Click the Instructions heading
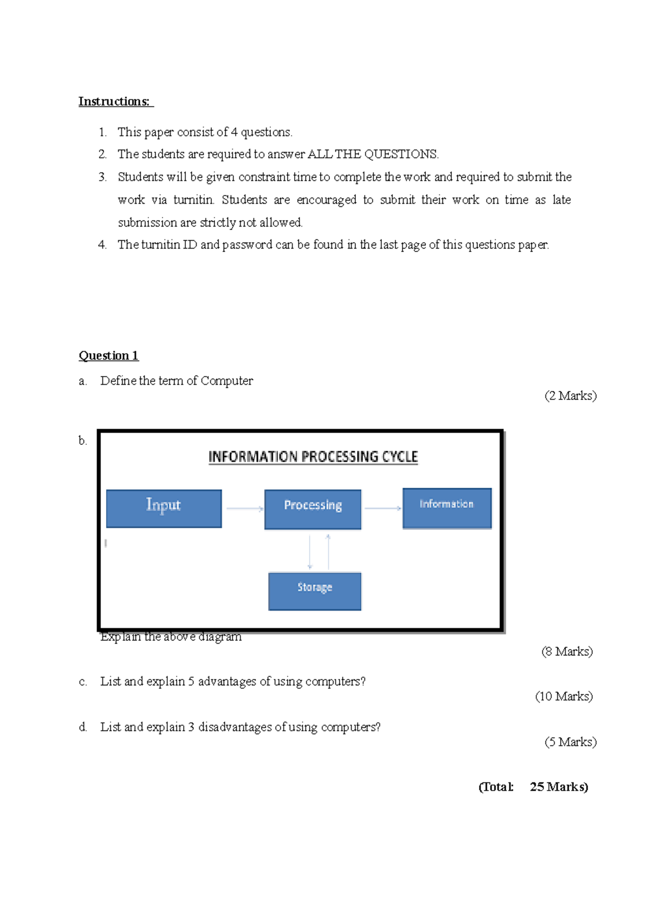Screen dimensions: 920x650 (x=114, y=101)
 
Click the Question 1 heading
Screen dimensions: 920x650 (x=108, y=355)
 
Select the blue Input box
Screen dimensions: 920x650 (x=164, y=508)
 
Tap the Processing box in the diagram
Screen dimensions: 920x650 (x=313, y=509)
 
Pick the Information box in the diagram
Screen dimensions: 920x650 (x=447, y=508)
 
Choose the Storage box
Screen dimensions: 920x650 (x=315, y=591)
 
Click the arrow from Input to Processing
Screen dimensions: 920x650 (x=244, y=508)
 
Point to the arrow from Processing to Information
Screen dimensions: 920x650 (x=382, y=508)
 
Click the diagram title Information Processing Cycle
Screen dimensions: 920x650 (x=313, y=457)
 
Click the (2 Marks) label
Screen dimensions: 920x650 (x=570, y=396)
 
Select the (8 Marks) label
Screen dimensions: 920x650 (x=567, y=651)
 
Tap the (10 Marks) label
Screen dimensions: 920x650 (x=563, y=696)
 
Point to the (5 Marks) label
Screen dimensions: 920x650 (x=570, y=742)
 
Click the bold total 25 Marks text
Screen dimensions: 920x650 (x=558, y=787)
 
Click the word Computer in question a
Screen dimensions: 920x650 (x=226, y=381)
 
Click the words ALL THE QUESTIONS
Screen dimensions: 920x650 (x=373, y=154)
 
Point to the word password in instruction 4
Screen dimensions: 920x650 (x=247, y=245)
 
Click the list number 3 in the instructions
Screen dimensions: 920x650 (x=102, y=177)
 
